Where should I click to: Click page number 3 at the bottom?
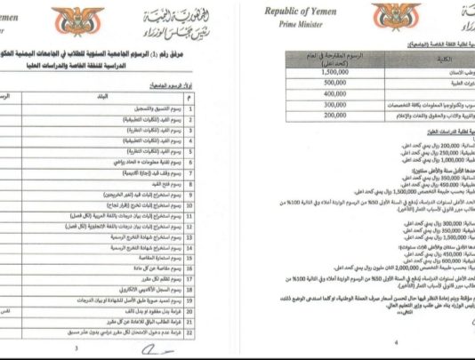pos(77,348)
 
